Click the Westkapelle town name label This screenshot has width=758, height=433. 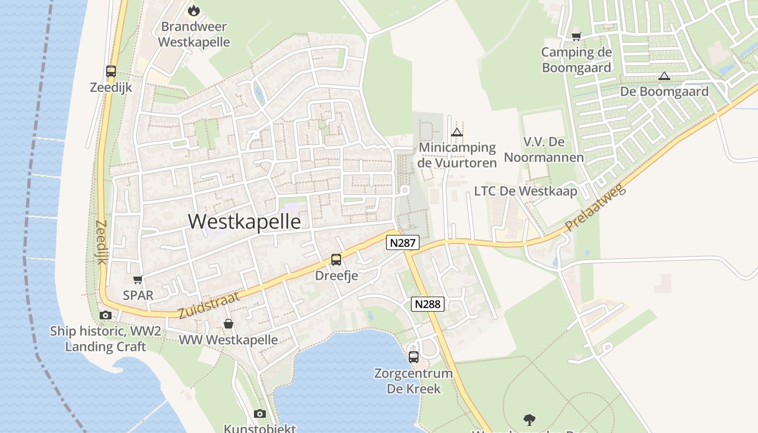point(244,221)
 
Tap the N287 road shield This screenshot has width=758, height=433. point(403,242)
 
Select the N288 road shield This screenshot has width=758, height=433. point(428,304)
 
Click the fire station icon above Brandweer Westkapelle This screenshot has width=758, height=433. point(193,10)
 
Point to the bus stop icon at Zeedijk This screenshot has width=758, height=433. point(111,71)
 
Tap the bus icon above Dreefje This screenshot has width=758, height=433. point(336,260)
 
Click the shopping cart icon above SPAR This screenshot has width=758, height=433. point(138,280)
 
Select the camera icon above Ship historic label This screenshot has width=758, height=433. point(106,315)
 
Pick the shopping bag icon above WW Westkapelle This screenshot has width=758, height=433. point(228,324)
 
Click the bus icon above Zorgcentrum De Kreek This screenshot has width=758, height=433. point(414,357)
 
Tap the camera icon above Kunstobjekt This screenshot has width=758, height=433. point(260,414)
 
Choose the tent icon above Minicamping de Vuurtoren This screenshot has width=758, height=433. point(457,132)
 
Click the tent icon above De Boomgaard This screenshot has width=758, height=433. point(664,76)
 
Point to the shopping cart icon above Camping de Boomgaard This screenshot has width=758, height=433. point(577,37)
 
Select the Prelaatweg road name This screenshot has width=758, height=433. point(595,207)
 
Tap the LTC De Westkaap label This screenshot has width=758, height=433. point(525,191)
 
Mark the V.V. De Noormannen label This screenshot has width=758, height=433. point(544,149)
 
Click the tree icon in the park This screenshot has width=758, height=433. point(530,419)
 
